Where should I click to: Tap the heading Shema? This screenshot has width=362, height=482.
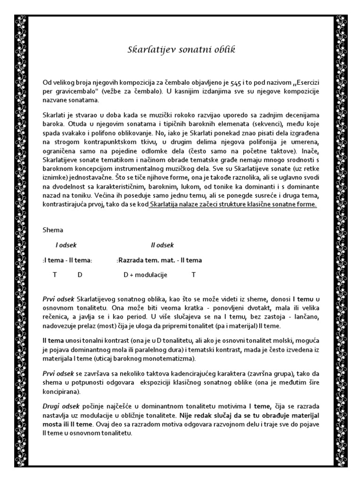click(x=52, y=230)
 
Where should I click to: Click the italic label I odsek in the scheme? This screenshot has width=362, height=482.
click(x=66, y=245)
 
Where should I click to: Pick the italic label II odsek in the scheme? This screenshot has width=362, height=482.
click(x=162, y=245)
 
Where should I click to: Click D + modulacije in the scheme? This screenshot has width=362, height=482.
click(x=145, y=274)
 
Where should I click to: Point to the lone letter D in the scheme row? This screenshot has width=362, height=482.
click(x=80, y=274)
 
